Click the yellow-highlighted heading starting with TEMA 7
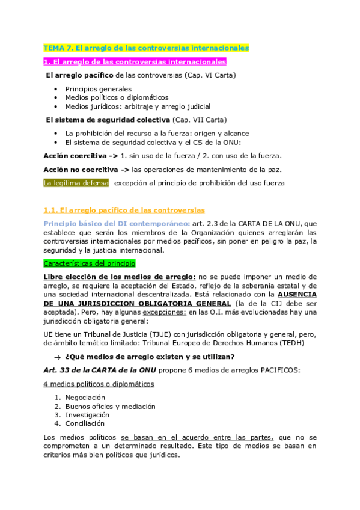146,48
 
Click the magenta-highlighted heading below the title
135,61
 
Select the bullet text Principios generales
99,89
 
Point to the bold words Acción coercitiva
72,155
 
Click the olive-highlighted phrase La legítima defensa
76,183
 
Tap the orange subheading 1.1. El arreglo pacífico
124,210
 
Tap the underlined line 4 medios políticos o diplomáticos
98,384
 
